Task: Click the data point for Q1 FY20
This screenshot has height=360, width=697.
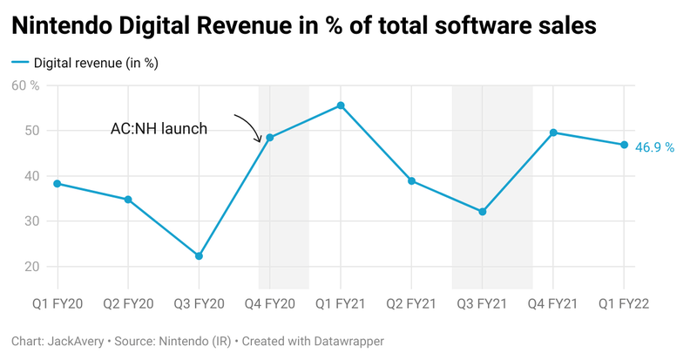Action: [58, 184]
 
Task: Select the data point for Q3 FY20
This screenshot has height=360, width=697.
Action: [199, 256]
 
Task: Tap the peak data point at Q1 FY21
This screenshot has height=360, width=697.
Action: [341, 105]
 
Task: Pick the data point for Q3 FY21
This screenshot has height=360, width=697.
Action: [482, 212]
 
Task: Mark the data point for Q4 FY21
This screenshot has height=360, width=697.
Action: [553, 132]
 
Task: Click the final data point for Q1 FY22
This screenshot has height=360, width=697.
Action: [624, 145]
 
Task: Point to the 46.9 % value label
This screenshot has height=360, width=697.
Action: [654, 148]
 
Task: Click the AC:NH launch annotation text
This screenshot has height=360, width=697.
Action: [159, 129]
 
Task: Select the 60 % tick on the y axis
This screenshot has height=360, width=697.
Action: [25, 85]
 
